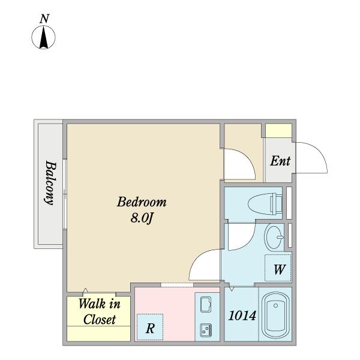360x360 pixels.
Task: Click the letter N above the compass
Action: pyautogui.click(x=44, y=19)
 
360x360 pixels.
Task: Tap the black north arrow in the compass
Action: pyautogui.click(x=43, y=37)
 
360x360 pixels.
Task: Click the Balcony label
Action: pyautogui.click(x=50, y=182)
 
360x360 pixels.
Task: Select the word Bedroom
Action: pyautogui.click(x=142, y=202)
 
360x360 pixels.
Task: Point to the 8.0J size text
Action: pyautogui.click(x=142, y=218)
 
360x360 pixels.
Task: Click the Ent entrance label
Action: pyautogui.click(x=280, y=161)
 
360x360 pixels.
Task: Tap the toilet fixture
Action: pyautogui.click(x=265, y=204)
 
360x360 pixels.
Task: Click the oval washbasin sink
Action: pyautogui.click(x=274, y=237)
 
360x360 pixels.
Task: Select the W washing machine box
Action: pyautogui.click(x=278, y=268)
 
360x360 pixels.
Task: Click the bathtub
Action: pyautogui.click(x=275, y=315)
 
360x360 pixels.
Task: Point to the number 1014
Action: pyautogui.click(x=242, y=316)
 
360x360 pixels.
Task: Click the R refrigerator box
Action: pyautogui.click(x=150, y=327)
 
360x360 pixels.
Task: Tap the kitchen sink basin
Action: pyautogui.click(x=206, y=305)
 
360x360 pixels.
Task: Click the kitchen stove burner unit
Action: pyautogui.click(x=206, y=330)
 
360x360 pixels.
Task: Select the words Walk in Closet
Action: pyautogui.click(x=99, y=311)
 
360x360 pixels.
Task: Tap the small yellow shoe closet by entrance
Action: pyautogui.click(x=278, y=131)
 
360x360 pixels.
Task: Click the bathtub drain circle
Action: pyautogui.click(x=276, y=305)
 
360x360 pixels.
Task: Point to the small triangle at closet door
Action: pyautogui.click(x=85, y=290)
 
